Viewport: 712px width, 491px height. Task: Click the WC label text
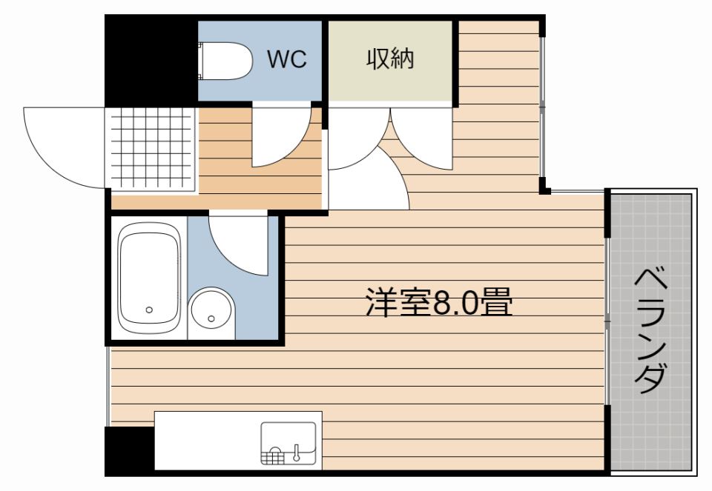tap(287, 59)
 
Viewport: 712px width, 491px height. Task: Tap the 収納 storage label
tap(390, 59)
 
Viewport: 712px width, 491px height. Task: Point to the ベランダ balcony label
tap(650, 330)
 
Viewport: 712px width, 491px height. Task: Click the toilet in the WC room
tap(226, 61)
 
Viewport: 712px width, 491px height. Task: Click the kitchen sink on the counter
tap(289, 443)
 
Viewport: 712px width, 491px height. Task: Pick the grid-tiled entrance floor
tap(153, 148)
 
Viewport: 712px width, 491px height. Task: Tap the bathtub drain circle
tap(150, 310)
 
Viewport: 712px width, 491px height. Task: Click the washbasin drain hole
tap(212, 319)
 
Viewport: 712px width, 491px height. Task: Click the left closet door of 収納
tap(355, 137)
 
